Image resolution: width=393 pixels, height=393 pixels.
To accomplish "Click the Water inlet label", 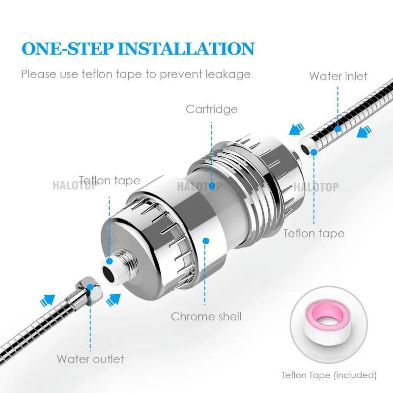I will pos(338,76).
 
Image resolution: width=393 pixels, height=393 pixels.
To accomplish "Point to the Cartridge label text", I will pos(211,109).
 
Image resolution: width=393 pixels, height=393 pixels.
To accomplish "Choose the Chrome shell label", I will pos(206,316).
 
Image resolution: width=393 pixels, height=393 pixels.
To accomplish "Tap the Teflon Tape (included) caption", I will pos(329,375).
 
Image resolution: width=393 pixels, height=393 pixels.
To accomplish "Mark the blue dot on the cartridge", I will pos(212,186).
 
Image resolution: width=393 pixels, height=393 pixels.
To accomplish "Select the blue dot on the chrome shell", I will pos(206,241).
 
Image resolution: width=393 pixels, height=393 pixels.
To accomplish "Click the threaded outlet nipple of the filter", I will pos(118,265).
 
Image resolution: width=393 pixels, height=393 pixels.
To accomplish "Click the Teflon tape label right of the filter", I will pos(313,233).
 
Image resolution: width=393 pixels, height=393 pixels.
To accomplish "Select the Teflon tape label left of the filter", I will pos(110,180).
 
